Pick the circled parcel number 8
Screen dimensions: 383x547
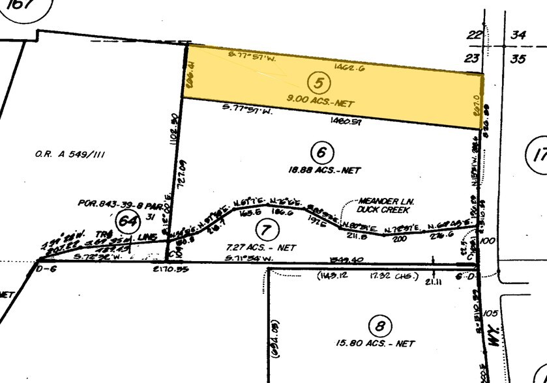tap(377, 324)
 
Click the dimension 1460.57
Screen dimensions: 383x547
tap(346, 120)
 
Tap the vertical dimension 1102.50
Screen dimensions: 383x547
tap(174, 127)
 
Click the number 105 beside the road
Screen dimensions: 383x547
tap(492, 314)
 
